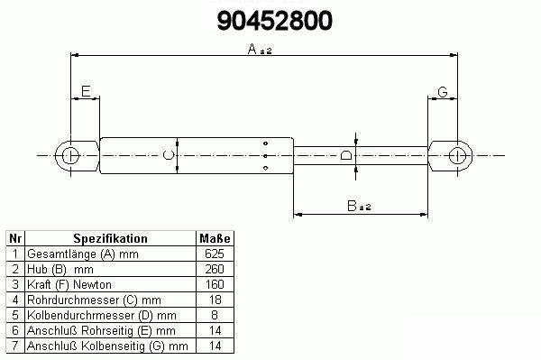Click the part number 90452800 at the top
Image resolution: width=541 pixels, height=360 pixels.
tap(275, 21)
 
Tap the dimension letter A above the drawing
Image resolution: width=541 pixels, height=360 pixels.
tap(252, 49)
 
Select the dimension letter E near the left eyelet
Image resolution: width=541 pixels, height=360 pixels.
tap(86, 91)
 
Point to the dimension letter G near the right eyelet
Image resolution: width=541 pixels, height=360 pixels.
tap(443, 92)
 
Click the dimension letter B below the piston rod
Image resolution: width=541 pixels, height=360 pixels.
tap(352, 206)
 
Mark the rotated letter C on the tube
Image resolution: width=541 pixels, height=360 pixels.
tap(168, 155)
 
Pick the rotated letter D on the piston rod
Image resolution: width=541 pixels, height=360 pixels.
tap(346, 155)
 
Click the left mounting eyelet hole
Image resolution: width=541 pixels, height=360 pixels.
tap(70, 156)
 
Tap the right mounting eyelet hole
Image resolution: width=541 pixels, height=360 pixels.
tap(457, 156)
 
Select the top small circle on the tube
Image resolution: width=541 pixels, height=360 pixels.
tap(265, 143)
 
